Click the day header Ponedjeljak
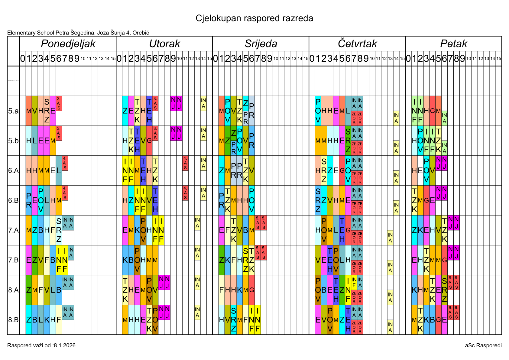pos(68,44)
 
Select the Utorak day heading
pos(164,44)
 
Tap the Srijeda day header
pos(261,44)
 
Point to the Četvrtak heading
pos(357,44)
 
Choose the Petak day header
pos(453,44)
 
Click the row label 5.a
pos(13,111)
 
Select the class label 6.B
pos(13,200)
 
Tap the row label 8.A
pos(13,290)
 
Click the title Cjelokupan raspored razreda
pos(254,18)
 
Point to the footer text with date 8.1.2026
pos(42,345)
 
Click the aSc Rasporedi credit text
pos(483,345)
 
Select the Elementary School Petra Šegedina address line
pos(78,33)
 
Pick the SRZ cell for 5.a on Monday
pos(47,111)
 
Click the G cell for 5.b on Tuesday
pos(149,141)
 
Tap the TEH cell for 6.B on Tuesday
pos(155,200)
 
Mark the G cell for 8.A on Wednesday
pos(251,290)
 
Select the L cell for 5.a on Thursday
pos(348,111)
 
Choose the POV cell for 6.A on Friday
pos(426,170)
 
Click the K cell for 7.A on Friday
pos(420,230)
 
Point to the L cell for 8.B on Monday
pos(41,320)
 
